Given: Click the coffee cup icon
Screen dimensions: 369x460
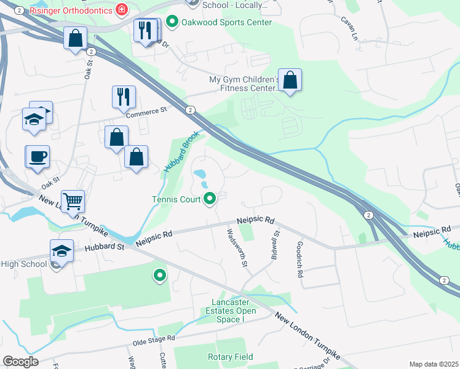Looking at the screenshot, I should click(37, 156).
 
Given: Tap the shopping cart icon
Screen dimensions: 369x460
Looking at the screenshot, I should click(73, 200).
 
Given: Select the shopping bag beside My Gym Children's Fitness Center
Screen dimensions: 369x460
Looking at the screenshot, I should click(290, 81).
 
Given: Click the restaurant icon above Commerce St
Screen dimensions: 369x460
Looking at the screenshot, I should click(124, 96).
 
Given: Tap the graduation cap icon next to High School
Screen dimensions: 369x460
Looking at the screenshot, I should click(61, 250).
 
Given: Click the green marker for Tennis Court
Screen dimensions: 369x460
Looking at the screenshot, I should click(210, 199).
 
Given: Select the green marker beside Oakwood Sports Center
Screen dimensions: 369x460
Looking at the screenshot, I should click(172, 23).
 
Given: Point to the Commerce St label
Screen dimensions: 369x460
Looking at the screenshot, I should click(146, 111).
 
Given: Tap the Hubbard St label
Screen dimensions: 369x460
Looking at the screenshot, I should click(105, 247).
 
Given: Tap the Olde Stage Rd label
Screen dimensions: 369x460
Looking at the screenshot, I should click(154, 338).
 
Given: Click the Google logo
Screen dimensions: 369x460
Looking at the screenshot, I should click(20, 362).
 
